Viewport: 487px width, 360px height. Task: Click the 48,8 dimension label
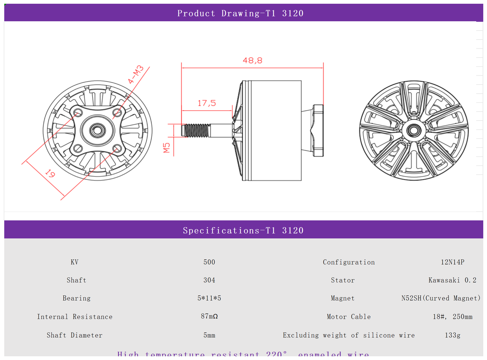[x=252, y=61]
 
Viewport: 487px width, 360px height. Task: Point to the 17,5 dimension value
[x=207, y=103]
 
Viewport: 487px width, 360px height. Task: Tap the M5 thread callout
[x=166, y=148]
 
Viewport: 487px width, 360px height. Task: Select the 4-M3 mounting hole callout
[x=136, y=75]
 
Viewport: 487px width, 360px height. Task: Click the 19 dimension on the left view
[x=50, y=174]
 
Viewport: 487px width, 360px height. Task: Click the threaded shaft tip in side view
[x=195, y=131]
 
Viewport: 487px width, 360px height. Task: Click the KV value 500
[x=209, y=262]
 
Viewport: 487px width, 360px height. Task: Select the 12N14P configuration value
[x=452, y=262]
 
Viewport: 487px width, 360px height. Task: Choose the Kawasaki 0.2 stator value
[x=452, y=280]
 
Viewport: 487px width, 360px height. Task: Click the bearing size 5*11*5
[x=209, y=298]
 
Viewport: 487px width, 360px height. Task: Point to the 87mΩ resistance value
[x=209, y=316]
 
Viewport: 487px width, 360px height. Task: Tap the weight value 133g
[x=452, y=335]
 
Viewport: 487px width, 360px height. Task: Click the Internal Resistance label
[x=75, y=317]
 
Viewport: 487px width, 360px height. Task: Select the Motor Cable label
[x=348, y=317]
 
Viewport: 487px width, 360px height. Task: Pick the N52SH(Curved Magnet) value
[x=441, y=298]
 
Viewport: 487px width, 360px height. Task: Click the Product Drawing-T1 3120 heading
[x=240, y=13]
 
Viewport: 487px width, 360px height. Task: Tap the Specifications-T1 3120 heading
[x=243, y=230]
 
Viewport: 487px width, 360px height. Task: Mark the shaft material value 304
[x=209, y=280]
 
